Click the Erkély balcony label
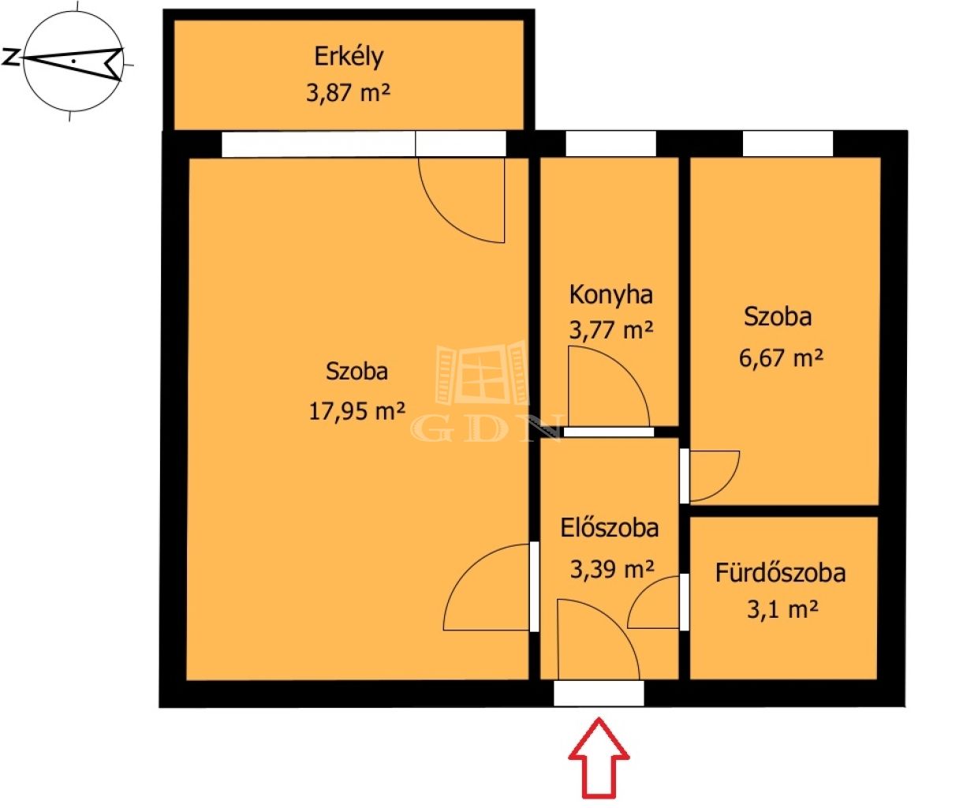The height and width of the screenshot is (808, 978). [349, 57]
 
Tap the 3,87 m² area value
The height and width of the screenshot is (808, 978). [348, 92]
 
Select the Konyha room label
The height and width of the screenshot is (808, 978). [610, 295]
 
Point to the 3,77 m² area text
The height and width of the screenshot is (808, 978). [610, 330]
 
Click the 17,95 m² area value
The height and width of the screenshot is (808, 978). [357, 412]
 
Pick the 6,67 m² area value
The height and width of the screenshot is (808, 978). [781, 358]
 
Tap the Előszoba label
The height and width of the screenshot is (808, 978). [610, 528]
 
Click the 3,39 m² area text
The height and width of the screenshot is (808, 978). [612, 570]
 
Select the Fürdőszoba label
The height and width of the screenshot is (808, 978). [780, 573]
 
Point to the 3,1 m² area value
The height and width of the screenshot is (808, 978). [782, 610]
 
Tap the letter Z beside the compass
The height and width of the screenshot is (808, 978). [9, 57]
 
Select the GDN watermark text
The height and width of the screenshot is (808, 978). [486, 428]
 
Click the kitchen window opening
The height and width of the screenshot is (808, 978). [610, 144]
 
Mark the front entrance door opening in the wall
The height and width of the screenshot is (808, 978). [599, 694]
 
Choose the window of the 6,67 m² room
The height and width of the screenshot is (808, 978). [788, 144]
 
